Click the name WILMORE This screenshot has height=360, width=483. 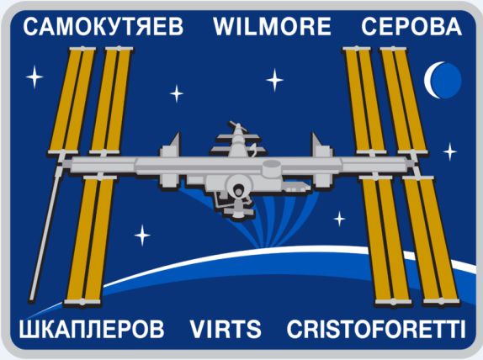pyautogui.click(x=273, y=26)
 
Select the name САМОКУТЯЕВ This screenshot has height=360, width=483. pyautogui.click(x=103, y=26)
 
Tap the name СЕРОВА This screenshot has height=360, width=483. pyautogui.click(x=411, y=26)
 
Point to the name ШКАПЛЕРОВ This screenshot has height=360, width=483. pyautogui.click(x=92, y=329)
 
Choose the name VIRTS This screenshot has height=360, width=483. pyautogui.click(x=226, y=329)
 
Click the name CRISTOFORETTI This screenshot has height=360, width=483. pyautogui.click(x=376, y=329)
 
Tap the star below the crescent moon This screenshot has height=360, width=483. pyautogui.click(x=449, y=151)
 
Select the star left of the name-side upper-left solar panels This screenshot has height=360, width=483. pyautogui.click(x=34, y=77)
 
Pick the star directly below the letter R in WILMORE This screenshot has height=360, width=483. pyautogui.click(x=274, y=80)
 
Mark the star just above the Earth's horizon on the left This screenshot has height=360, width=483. pyautogui.click(x=142, y=236)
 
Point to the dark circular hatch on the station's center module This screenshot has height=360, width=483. pyautogui.click(x=238, y=191)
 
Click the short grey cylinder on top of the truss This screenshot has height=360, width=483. pyautogui.click(x=272, y=167)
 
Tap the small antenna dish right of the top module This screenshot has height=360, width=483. pyautogui.click(x=254, y=149)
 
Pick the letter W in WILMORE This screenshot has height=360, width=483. pyautogui.click(x=225, y=26)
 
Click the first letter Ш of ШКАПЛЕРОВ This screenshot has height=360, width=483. pyautogui.click(x=28, y=329)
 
